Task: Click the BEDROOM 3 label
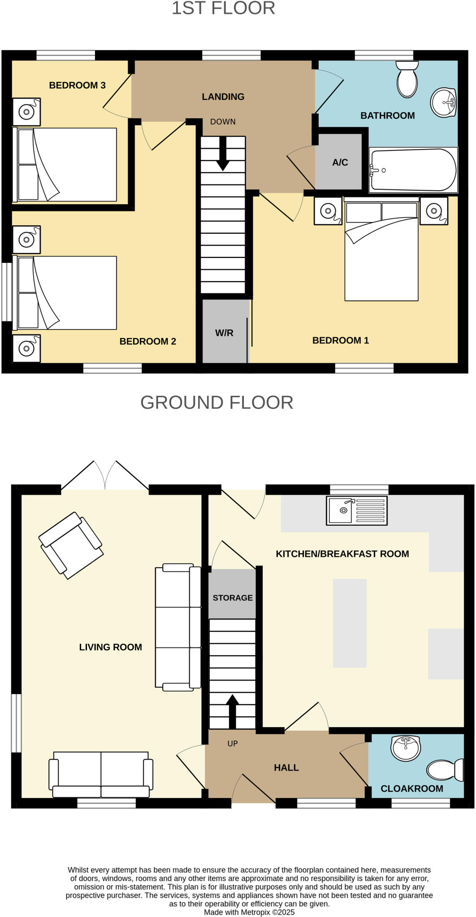(x=77, y=85)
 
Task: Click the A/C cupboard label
(x=340, y=163)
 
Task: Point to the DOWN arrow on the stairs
(x=223, y=154)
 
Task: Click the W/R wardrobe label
(x=224, y=333)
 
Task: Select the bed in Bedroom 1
(x=381, y=255)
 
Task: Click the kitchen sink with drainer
(x=357, y=510)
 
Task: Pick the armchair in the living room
(x=71, y=545)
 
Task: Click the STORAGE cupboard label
(x=233, y=598)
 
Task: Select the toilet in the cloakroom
(x=445, y=770)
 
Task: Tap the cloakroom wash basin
(x=405, y=748)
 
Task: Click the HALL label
(x=286, y=768)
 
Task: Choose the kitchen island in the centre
(x=350, y=623)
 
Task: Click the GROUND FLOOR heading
(x=217, y=403)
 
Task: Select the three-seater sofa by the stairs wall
(x=178, y=627)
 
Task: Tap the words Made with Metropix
(x=249, y=912)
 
